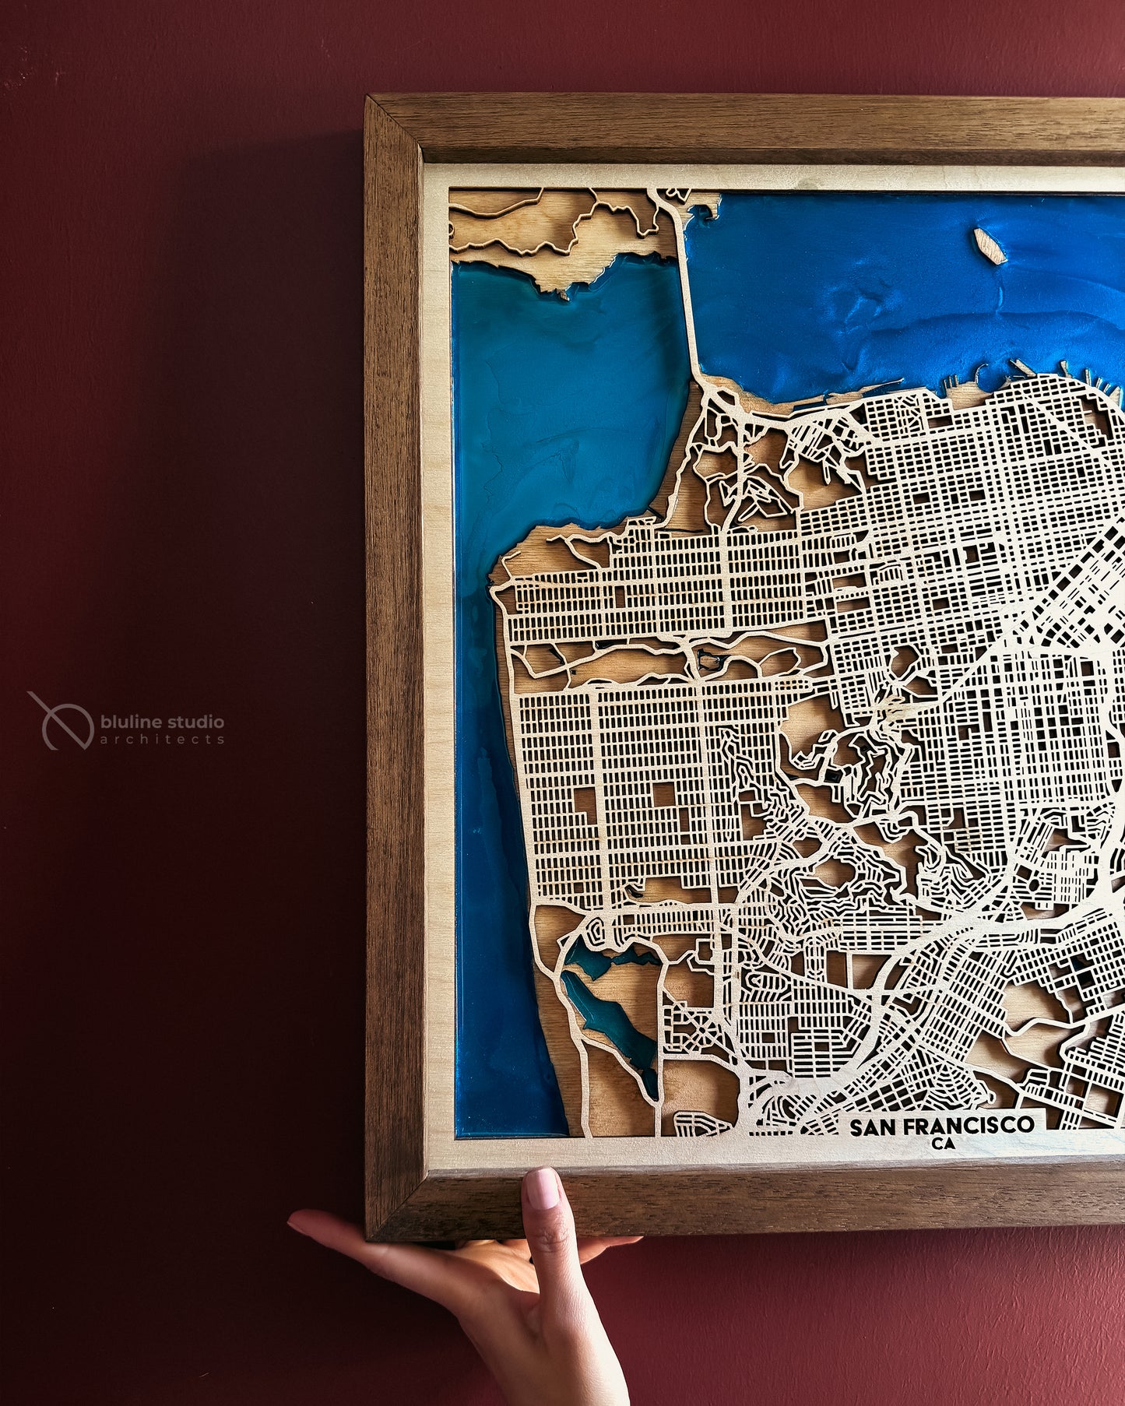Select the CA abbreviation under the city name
pos(942,1143)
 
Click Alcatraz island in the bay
pos(990,246)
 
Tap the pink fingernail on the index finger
pos(542,1188)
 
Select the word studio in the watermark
pos(195,722)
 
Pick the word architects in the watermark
pos(162,740)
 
